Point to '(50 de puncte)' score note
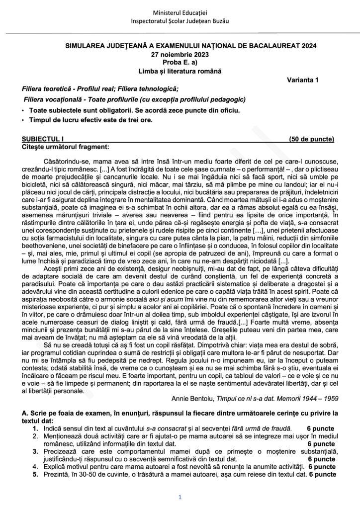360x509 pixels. [x=311, y=139]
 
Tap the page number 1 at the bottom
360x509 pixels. [x=180, y=497]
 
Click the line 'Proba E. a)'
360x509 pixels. [x=180, y=62]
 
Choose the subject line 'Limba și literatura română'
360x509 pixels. [x=180, y=71]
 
